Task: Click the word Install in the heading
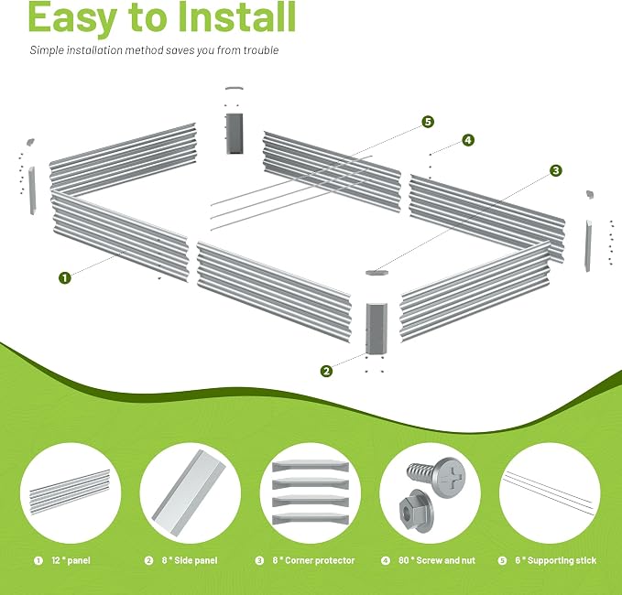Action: click(236, 17)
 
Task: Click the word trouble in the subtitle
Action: click(261, 50)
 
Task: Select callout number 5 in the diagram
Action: click(428, 122)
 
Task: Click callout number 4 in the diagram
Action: click(468, 140)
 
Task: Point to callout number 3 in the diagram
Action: click(556, 170)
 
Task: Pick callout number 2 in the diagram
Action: click(326, 371)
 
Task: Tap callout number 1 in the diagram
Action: click(65, 277)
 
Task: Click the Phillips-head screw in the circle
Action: click(436, 476)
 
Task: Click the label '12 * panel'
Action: click(71, 560)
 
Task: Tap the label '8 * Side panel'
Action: click(190, 560)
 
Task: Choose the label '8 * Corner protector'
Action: click(313, 560)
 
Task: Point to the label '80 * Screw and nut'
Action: click(437, 560)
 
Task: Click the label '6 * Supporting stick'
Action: click(556, 560)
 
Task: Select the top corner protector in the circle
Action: click(311, 466)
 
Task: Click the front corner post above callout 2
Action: click(376, 329)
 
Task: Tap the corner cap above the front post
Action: click(376, 273)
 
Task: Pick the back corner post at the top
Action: click(234, 134)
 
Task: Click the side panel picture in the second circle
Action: click(189, 492)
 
